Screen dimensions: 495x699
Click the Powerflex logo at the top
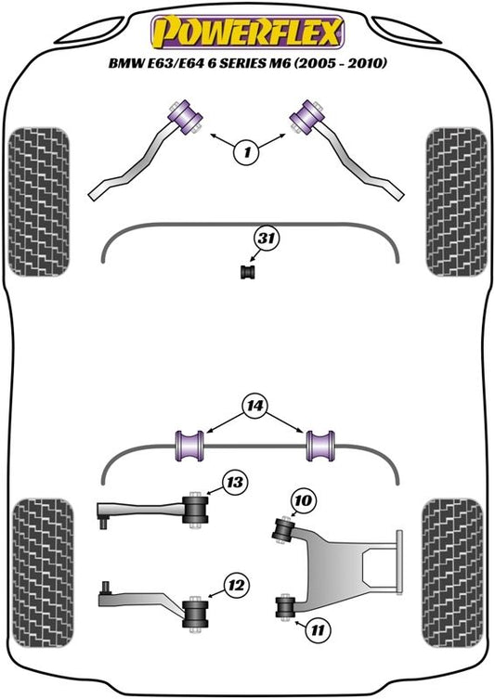tap(248, 32)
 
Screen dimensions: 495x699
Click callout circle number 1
tap(247, 153)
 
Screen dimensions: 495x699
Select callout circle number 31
tap(267, 239)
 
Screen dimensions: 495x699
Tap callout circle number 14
tap(254, 406)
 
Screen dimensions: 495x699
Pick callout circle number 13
tap(235, 483)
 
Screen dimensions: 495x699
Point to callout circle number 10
tap(304, 500)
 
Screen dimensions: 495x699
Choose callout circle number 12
tap(236, 585)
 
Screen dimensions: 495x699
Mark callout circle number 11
tap(318, 630)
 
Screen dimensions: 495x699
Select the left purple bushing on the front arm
tap(185, 116)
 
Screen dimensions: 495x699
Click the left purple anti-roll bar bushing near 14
tap(190, 446)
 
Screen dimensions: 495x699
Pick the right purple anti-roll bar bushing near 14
tap(320, 446)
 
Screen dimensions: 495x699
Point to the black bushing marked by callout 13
tap(196, 510)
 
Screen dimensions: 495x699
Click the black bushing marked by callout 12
tap(195, 613)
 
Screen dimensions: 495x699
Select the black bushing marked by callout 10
tap(281, 530)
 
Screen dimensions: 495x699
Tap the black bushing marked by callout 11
tap(285, 606)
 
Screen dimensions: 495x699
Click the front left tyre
tap(39, 202)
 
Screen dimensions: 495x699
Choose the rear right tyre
tap(452, 573)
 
